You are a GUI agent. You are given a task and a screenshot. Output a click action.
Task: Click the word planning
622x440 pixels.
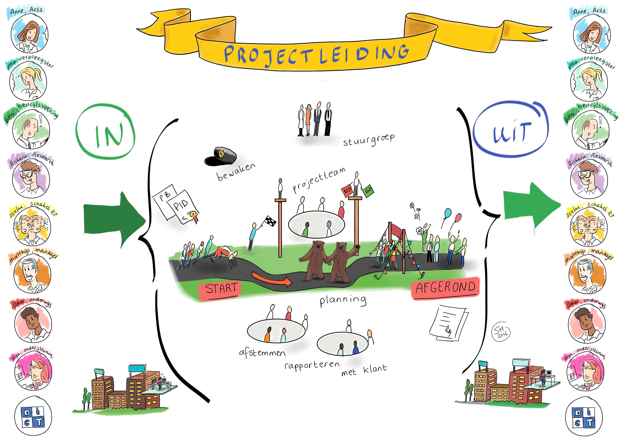click(343, 301)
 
